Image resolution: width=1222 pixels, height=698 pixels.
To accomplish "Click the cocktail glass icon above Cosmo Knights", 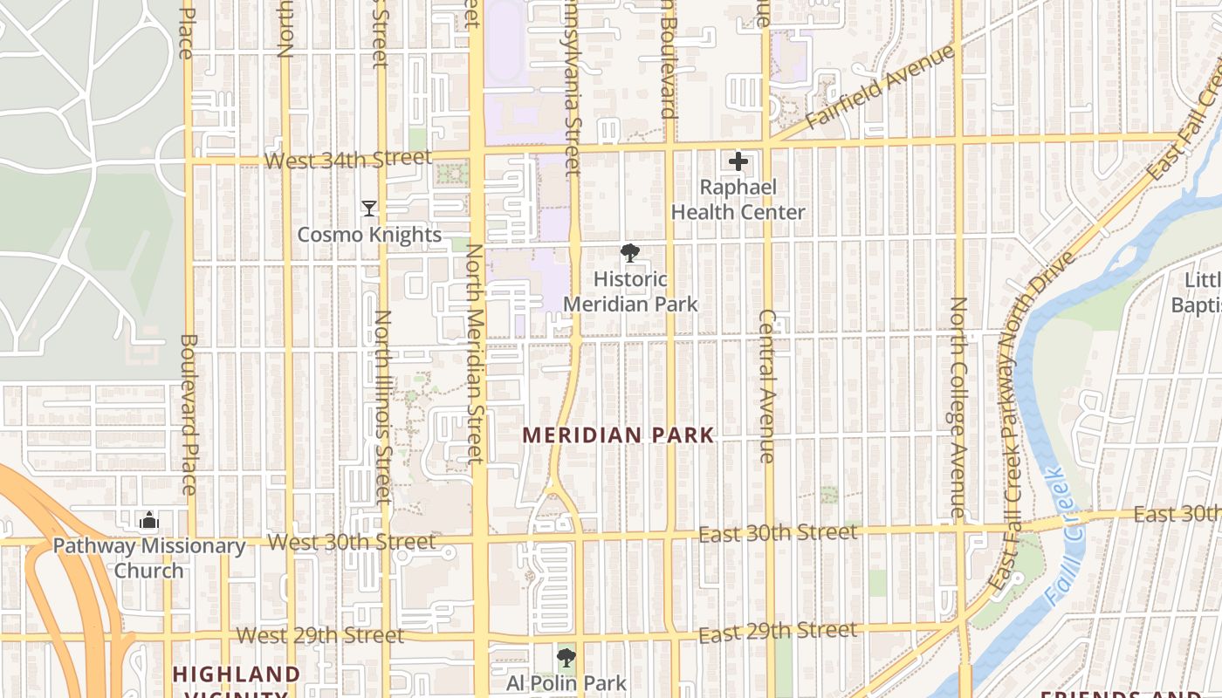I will [x=369, y=209].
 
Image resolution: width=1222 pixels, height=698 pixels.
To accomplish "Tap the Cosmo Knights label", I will [x=369, y=235].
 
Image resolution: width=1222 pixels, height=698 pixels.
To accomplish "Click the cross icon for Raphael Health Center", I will [x=738, y=161].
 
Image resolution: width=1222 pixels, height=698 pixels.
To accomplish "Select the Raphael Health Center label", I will [x=738, y=200].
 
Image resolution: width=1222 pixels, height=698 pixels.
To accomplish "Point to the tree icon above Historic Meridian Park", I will [x=630, y=254].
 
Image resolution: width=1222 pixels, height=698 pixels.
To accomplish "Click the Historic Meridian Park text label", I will [x=630, y=291].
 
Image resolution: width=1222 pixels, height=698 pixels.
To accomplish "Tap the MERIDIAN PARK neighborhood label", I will [x=618, y=435].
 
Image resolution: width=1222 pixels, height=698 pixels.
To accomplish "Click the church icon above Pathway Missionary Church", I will [x=149, y=521].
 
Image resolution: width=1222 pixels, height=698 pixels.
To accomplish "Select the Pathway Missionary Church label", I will [x=149, y=558].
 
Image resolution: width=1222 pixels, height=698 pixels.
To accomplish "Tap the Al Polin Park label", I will [x=566, y=682].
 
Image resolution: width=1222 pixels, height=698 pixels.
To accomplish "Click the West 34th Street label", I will [x=347, y=160].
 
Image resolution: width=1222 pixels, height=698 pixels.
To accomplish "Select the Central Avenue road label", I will [x=767, y=386].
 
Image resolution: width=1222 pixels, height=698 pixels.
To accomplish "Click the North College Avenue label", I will [x=958, y=407].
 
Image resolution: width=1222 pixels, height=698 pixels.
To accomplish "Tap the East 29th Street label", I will [x=778, y=631].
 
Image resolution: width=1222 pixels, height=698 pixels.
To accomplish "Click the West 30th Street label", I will [x=351, y=542].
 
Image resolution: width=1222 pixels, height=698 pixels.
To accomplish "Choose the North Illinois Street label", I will [x=383, y=407].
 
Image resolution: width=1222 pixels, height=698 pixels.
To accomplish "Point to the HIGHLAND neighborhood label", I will [x=236, y=674].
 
